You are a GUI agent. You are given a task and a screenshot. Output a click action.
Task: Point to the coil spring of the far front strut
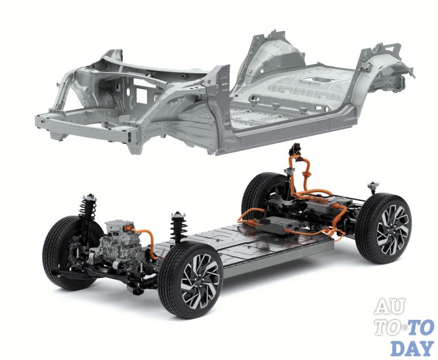click(x=88, y=207)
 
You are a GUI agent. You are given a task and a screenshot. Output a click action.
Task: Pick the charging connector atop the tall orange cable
click(x=295, y=149)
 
